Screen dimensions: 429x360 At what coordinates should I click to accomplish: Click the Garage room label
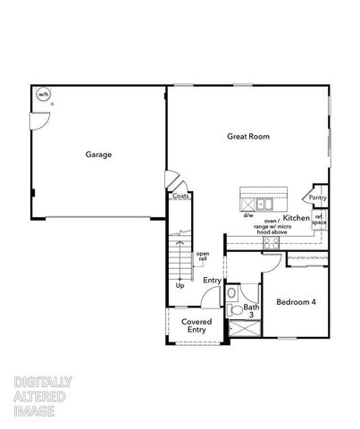pos(98,155)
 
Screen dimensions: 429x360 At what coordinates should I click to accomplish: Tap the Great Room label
pos(247,136)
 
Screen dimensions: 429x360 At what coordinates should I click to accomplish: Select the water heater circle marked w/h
pos(43,95)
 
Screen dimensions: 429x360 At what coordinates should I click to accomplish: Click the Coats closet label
pos(180,196)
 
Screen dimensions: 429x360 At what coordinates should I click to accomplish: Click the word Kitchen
pos(297,217)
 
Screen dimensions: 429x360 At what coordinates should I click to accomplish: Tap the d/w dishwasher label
pos(248,215)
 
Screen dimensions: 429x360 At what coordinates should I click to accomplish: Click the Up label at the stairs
pos(180,285)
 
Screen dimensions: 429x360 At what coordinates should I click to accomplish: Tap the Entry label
pos(212,282)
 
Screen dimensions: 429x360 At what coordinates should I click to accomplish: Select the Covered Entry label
pos(196,325)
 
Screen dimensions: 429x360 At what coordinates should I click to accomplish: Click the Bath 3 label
pos(251,311)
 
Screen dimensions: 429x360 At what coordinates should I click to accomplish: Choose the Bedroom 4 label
pos(296,302)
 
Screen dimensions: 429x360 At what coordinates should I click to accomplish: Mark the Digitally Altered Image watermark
pos(43,397)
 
